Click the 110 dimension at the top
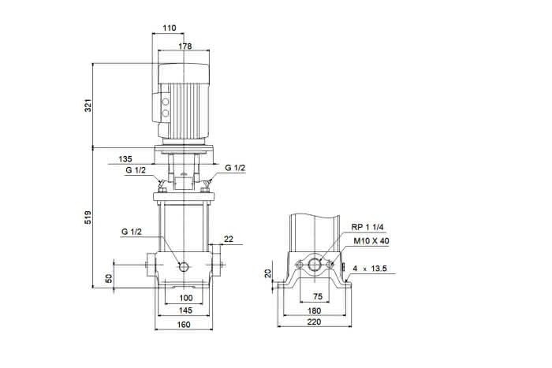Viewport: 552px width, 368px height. (x=169, y=28)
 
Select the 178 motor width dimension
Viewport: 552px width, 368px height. (x=185, y=46)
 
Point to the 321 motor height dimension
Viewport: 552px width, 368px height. (x=88, y=106)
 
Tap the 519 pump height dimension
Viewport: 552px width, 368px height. (x=88, y=217)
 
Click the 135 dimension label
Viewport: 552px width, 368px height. (x=125, y=159)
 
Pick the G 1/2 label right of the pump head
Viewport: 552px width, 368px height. (x=235, y=168)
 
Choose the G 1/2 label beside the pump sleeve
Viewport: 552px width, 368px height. (x=132, y=232)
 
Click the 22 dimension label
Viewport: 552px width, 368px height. (x=229, y=239)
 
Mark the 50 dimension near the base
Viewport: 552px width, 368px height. (x=109, y=278)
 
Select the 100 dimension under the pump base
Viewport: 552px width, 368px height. (x=186, y=298)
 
